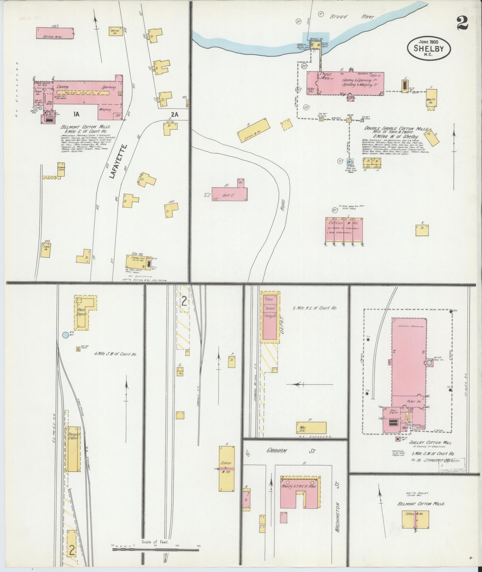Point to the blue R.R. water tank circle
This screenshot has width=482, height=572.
pos(65,335)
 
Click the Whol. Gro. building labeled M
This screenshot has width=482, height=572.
pos(311,428)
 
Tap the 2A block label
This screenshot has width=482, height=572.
pos(175,114)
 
